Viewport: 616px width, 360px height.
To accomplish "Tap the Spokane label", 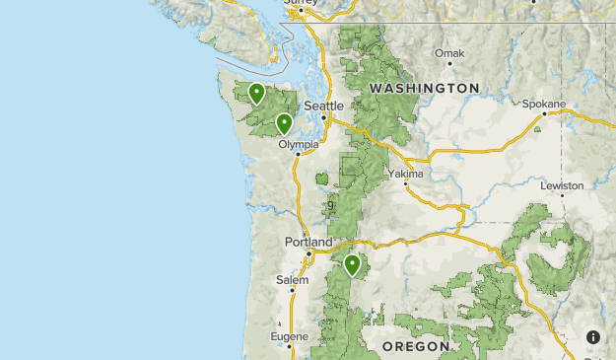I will (x=544, y=104).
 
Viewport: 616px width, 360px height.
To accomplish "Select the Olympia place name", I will (x=299, y=144).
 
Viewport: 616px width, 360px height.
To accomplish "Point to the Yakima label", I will (x=405, y=174).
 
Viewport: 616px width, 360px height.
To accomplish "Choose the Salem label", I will (x=292, y=280).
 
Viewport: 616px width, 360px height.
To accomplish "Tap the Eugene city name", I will (x=289, y=336).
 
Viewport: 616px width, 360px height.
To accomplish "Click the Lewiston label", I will (x=562, y=185).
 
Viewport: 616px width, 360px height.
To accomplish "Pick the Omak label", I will (x=448, y=52).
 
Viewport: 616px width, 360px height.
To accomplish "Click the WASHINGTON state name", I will (x=425, y=89).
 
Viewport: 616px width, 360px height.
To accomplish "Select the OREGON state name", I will (x=415, y=346).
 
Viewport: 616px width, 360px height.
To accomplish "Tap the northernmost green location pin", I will (x=256, y=93).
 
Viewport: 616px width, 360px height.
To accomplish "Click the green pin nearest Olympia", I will (x=284, y=123).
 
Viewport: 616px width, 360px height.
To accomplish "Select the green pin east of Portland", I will (x=352, y=263).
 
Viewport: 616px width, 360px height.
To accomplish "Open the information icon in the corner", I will (x=593, y=337).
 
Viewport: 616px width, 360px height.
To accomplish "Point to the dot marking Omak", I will (x=449, y=63).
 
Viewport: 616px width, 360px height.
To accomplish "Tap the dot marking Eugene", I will (x=290, y=347).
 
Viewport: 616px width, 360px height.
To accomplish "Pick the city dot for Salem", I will (x=293, y=290).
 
